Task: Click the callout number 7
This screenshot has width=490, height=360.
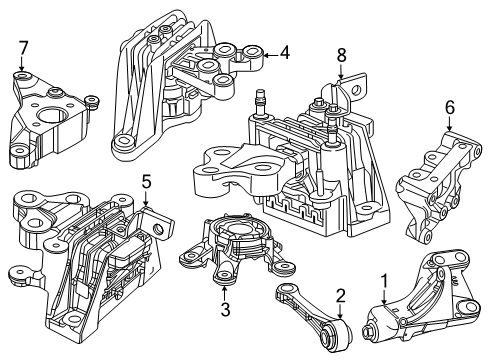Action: tap(23, 48)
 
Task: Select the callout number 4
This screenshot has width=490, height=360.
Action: tap(285, 53)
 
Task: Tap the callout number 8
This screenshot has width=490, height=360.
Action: tap(341, 55)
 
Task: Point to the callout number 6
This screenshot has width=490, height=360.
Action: tap(449, 107)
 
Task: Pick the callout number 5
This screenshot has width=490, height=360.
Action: tap(146, 182)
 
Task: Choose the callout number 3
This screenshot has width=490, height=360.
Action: tap(226, 309)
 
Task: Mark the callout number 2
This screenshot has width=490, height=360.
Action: tap(341, 296)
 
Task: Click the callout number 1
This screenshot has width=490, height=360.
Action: tap(384, 281)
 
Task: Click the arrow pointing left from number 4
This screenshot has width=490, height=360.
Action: tap(270, 55)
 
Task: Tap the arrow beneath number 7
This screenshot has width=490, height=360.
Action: tap(22, 64)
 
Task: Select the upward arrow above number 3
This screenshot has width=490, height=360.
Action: tap(225, 293)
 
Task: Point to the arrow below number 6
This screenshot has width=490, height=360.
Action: tap(449, 124)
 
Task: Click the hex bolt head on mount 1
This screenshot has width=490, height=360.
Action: tap(368, 331)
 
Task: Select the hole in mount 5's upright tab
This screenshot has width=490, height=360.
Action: tap(157, 228)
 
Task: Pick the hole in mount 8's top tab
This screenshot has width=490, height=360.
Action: tap(357, 90)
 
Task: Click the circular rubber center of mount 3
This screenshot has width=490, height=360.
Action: tap(240, 231)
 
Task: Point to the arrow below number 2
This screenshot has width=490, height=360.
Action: tap(340, 311)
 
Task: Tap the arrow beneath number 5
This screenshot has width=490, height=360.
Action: tap(145, 199)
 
